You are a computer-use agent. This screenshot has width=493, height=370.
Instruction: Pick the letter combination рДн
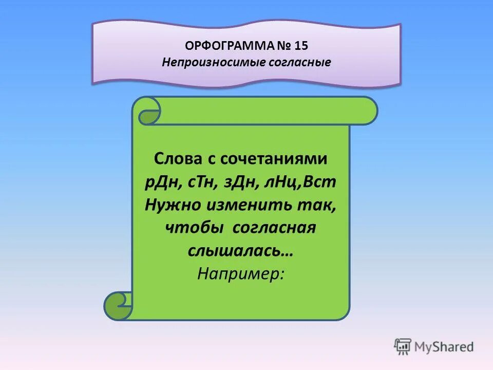click(x=159, y=182)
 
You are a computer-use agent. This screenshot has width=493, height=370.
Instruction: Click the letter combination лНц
click(x=286, y=182)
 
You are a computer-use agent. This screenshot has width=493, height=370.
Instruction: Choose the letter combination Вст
click(x=322, y=182)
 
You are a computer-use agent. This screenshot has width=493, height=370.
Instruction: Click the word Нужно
click(x=173, y=205)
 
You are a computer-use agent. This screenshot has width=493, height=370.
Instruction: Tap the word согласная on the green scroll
click(x=273, y=228)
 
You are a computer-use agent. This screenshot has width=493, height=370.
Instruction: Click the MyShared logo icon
click(x=403, y=346)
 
